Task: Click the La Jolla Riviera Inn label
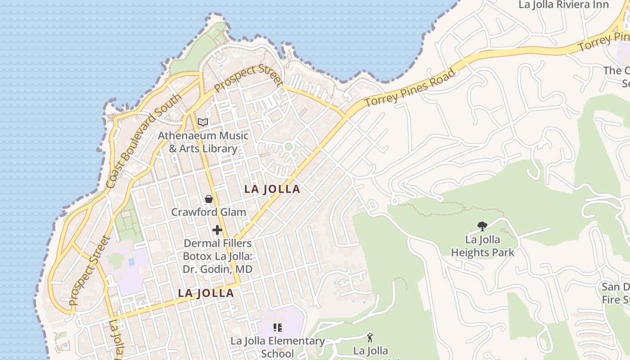tap(563, 5)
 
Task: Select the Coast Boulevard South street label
tap(144, 140)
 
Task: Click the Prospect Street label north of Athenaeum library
tap(248, 78)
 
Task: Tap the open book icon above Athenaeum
tap(203, 122)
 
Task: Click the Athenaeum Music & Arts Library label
tap(203, 142)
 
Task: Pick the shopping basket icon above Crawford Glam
tap(209, 198)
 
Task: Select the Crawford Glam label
tap(209, 212)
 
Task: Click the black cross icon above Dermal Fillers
tap(217, 230)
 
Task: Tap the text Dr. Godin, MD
tap(217, 269)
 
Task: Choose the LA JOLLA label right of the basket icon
tap(272, 189)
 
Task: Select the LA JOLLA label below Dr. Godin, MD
tap(206, 293)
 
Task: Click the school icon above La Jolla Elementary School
tap(278, 327)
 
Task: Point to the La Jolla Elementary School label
tap(278, 347)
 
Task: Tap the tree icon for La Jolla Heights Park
tap(482, 226)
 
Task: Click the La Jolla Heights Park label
tap(482, 246)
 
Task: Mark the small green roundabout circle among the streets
tap(288, 146)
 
